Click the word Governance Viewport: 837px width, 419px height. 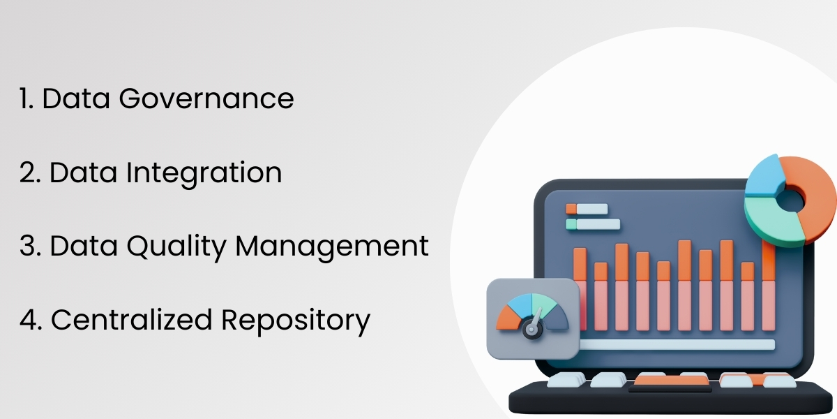tap(206, 99)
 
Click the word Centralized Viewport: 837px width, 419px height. tap(132, 320)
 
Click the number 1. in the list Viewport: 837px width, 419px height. tap(27, 99)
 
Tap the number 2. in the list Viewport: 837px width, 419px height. tap(29, 173)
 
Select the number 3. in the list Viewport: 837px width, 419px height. tap(30, 247)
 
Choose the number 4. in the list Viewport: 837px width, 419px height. tap(31, 320)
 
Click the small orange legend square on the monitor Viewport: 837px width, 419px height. tap(571, 208)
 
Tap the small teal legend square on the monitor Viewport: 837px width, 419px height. tap(571, 224)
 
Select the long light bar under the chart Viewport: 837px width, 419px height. tap(677, 344)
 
